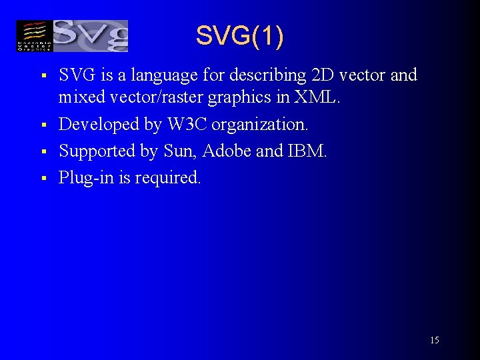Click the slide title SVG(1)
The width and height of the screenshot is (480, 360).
point(239,36)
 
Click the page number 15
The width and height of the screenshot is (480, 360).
point(434,341)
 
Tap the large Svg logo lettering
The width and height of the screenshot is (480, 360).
point(89,36)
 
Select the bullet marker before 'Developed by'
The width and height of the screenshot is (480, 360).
point(42,125)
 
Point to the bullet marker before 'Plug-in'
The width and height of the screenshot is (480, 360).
point(42,179)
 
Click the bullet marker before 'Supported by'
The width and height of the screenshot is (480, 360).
point(42,152)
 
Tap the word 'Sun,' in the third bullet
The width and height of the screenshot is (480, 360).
point(180,151)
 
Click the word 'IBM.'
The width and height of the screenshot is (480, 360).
point(307,151)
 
